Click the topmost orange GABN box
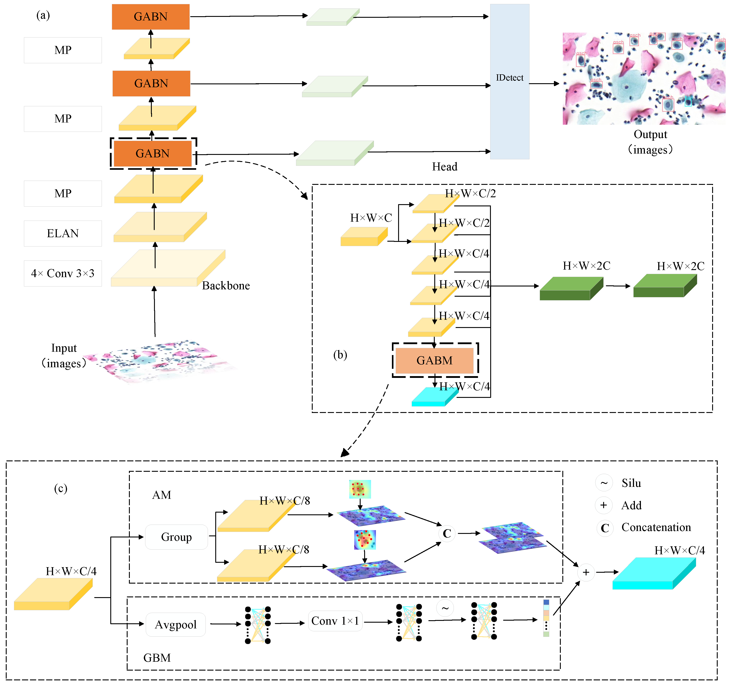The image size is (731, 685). click(150, 17)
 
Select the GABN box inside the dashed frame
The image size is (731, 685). click(153, 153)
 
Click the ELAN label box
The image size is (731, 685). click(63, 233)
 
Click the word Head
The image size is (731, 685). click(445, 167)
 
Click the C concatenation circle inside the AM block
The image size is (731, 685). click(447, 533)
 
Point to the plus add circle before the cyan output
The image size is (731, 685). click(586, 572)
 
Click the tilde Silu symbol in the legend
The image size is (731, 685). click(604, 483)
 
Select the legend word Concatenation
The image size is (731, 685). click(656, 527)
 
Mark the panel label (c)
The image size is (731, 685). click(61, 488)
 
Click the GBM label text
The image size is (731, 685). click(157, 658)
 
